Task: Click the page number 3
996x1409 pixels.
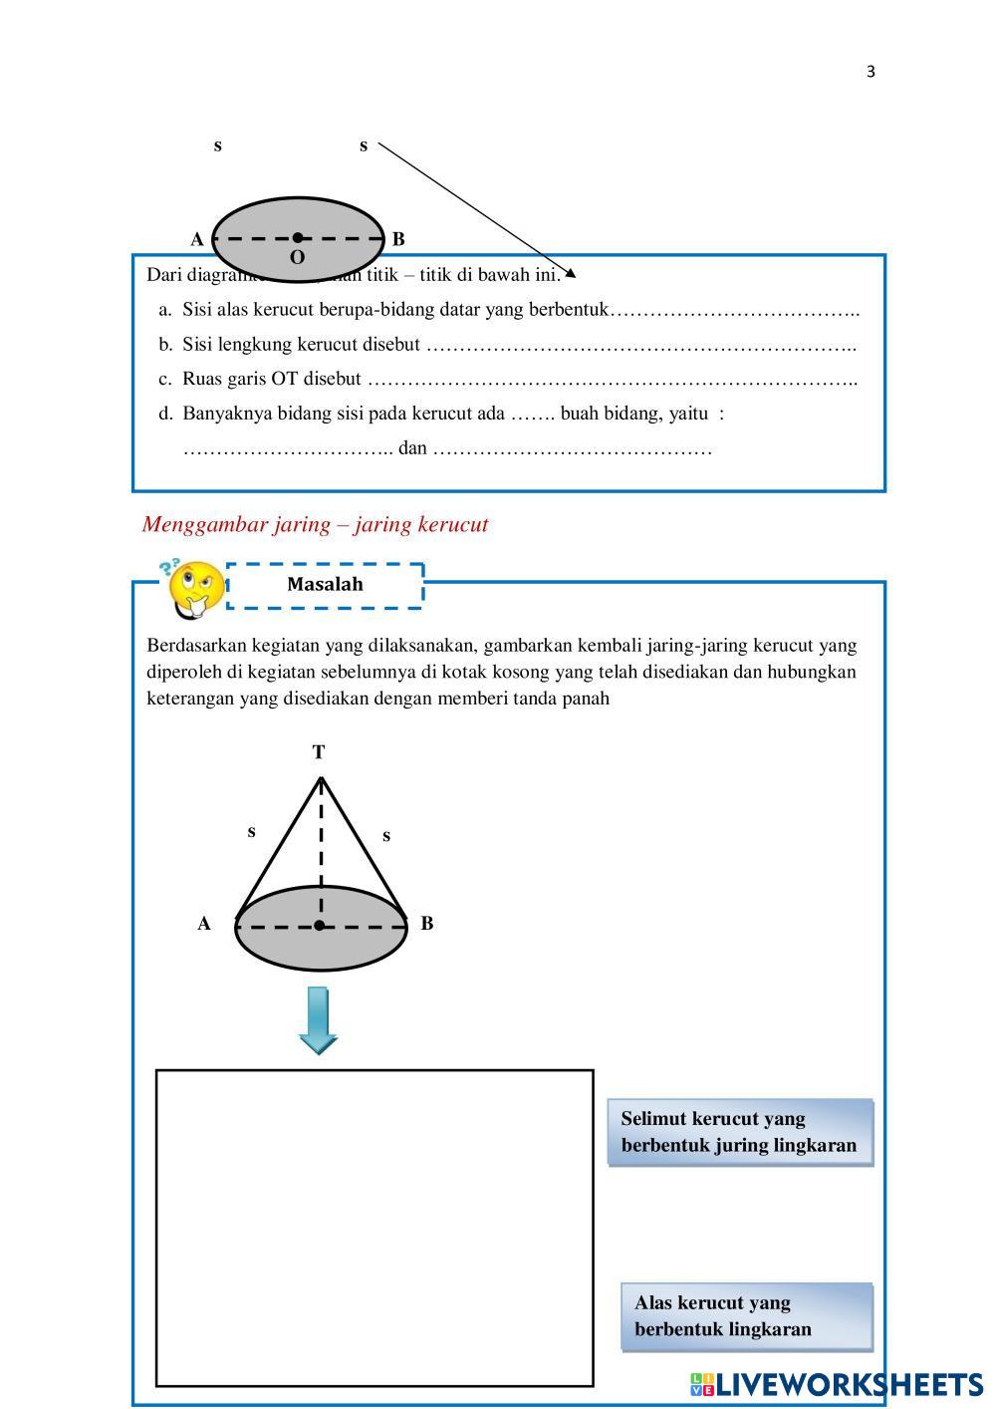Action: (871, 71)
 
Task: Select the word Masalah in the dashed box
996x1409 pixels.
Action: (325, 585)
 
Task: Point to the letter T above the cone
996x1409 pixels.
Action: (319, 752)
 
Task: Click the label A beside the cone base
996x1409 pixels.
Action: (204, 924)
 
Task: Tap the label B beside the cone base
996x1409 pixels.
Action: (427, 924)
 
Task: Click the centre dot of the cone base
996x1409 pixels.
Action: (320, 926)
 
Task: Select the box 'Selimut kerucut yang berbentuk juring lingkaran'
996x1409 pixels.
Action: (739, 1132)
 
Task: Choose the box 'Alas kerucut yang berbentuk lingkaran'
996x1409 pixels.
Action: (746, 1316)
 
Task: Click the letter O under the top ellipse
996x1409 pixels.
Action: (297, 258)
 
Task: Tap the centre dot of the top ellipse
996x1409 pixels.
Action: (298, 237)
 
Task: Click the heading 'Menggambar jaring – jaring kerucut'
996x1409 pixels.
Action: (315, 524)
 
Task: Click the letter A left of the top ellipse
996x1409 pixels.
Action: (197, 239)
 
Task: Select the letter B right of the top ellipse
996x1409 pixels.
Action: (398, 239)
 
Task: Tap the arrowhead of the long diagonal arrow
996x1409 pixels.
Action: (571, 274)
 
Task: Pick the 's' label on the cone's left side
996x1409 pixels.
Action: (251, 831)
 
